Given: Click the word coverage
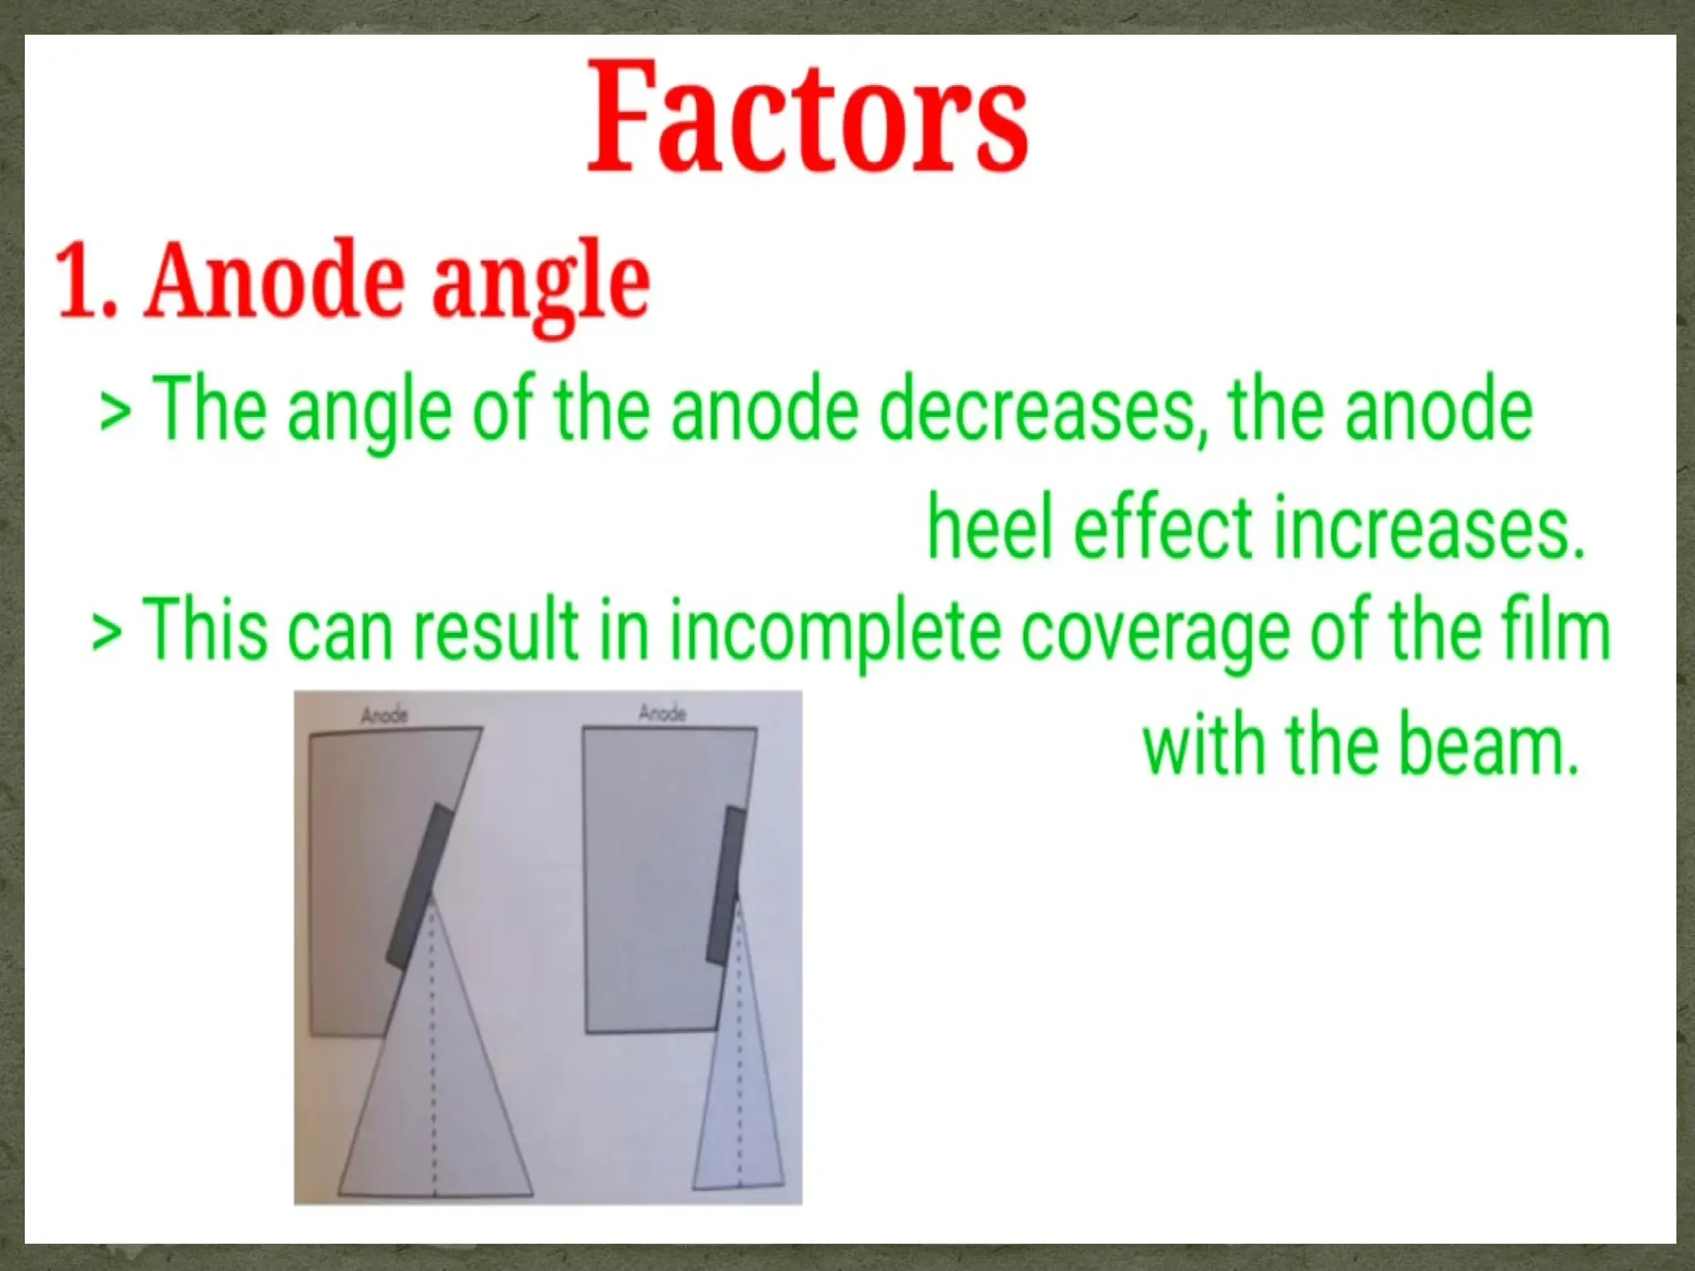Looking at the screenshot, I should tap(1141, 632).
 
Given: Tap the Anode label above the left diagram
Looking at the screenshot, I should tap(384, 714).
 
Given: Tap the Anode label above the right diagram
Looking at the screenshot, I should tap(662, 712).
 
